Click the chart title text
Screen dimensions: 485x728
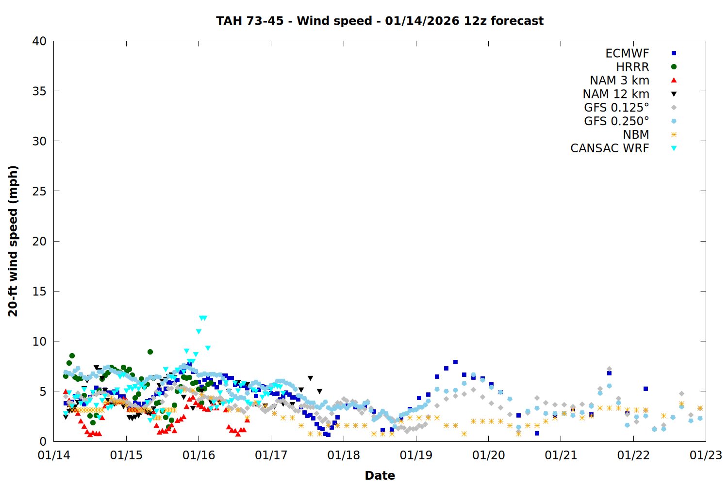(380, 21)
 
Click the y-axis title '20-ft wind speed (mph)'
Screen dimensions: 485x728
(13, 241)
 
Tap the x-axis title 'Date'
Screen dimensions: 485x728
(380, 475)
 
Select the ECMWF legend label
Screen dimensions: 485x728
(627, 53)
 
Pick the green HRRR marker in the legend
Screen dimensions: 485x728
(674, 67)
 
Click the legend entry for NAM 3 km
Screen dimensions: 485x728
(619, 81)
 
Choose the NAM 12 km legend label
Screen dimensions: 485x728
(616, 94)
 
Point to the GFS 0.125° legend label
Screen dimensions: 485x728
(616, 108)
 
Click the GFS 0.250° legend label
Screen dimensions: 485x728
(616, 121)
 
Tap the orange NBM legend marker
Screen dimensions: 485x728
(674, 135)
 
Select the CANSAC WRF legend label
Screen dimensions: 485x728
(610, 148)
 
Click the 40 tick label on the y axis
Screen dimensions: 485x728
(39, 41)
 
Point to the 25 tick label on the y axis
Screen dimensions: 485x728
(39, 191)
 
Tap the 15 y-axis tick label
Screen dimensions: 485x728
(39, 291)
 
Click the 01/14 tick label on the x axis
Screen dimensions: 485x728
(54, 455)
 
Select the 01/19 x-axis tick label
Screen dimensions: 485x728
(416, 455)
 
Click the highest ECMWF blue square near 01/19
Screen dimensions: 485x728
(455, 362)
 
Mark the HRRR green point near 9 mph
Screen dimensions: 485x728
(150, 352)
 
